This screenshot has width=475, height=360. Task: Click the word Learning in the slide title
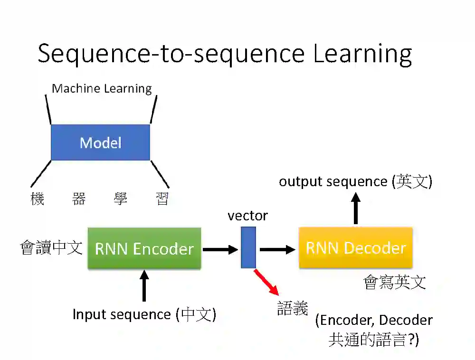[362, 54]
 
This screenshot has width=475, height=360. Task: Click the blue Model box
[100, 142]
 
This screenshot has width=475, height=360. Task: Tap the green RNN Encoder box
[144, 248]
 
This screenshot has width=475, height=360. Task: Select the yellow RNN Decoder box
[356, 247]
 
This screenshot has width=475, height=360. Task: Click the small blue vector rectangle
[248, 247]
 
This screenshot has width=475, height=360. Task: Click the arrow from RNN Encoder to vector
[220, 249]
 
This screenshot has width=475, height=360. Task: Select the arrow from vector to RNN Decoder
[278, 249]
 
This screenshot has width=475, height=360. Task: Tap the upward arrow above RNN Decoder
[356, 208]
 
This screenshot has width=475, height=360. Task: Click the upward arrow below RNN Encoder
[144, 285]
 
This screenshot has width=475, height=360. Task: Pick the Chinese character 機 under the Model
[38, 199]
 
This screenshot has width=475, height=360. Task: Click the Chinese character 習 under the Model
[162, 199]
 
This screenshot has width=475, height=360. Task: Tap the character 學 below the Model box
[121, 199]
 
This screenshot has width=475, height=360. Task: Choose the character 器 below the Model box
[79, 199]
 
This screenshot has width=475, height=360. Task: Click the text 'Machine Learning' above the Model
[102, 88]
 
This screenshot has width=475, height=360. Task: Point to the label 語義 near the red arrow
[293, 309]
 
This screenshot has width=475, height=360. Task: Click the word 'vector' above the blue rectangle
[247, 216]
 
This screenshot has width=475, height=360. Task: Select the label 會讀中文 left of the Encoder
[51, 247]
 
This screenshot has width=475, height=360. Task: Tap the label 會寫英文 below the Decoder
[395, 282]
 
